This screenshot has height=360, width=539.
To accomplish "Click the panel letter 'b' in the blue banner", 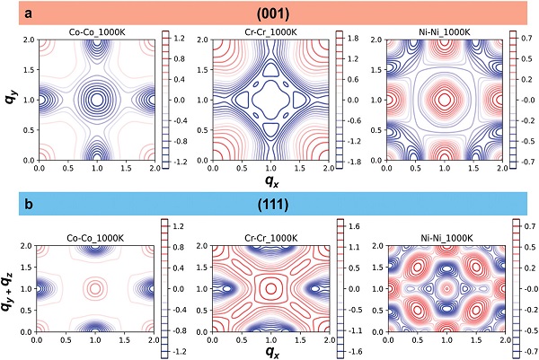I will click(31, 205).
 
